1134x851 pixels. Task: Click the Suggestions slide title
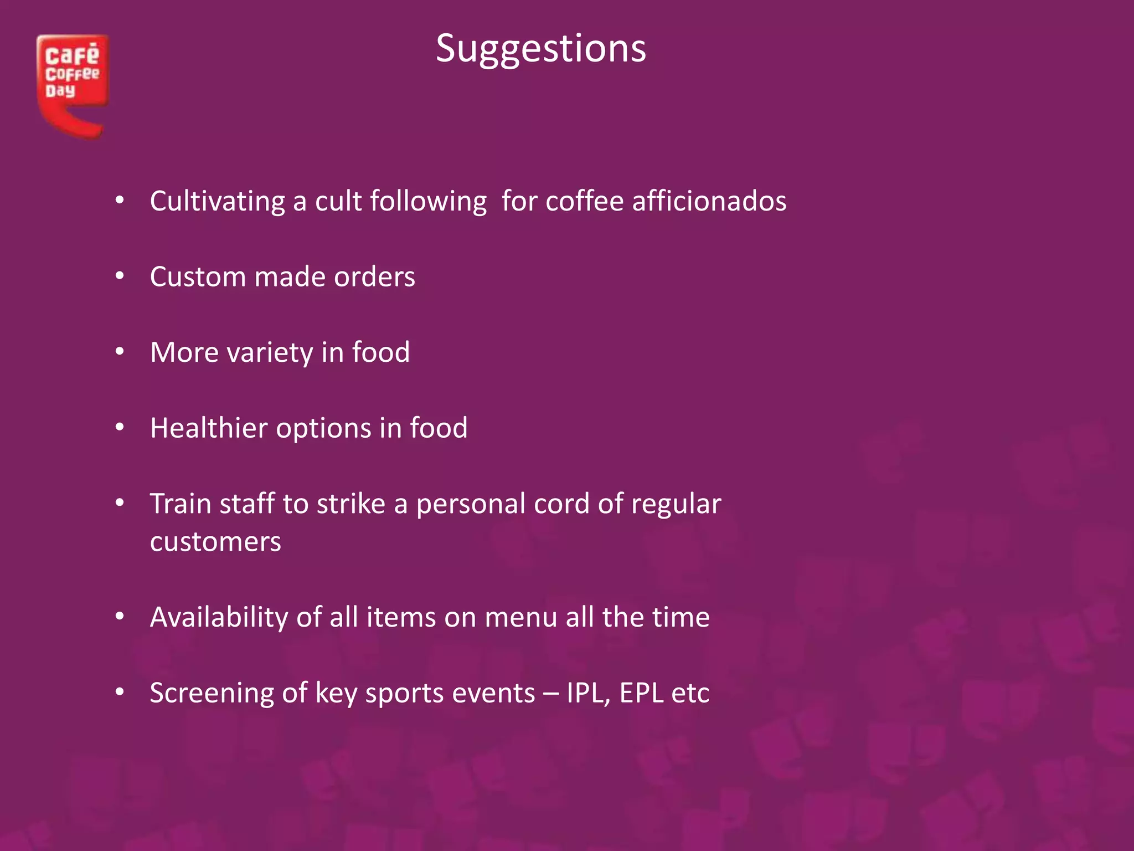[x=540, y=49]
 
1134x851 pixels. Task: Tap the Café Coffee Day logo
[x=72, y=83]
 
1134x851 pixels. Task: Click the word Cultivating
[x=217, y=201]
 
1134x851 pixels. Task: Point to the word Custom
[x=198, y=277]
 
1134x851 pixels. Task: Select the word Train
[x=181, y=504]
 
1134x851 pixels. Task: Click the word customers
[x=215, y=542]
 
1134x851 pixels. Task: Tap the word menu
[x=520, y=618]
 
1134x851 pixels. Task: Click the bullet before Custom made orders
[x=120, y=276]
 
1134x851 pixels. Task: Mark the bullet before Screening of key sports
[x=120, y=692]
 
